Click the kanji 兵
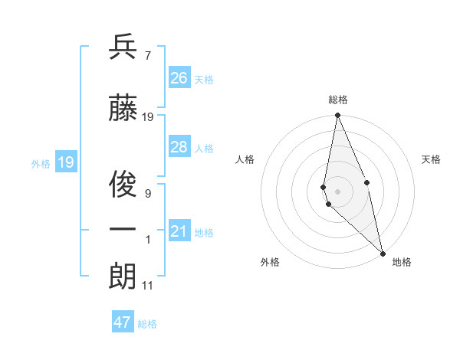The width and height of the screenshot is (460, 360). [x=123, y=48]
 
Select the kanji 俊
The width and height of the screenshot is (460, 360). [x=123, y=185]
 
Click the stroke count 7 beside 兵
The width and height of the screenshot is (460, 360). [x=148, y=55]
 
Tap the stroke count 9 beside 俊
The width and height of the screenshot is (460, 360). [x=148, y=194]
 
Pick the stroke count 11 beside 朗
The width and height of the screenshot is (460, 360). [x=149, y=286]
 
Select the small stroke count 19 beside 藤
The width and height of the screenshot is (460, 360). [x=149, y=117]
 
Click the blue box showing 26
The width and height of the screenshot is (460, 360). [x=179, y=78]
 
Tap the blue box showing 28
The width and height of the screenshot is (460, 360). [x=179, y=147]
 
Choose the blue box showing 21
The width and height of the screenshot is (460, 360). [x=179, y=231]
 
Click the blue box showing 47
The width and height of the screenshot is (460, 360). [x=123, y=322]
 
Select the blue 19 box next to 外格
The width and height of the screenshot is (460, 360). [x=66, y=162]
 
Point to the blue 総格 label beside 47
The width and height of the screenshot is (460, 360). [x=148, y=324]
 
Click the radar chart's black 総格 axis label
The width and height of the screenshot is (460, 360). [x=338, y=100]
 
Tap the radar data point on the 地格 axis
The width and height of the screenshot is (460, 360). [x=383, y=254]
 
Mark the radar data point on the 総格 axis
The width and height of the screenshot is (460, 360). [x=338, y=116]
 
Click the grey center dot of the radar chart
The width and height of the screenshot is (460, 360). [x=338, y=191]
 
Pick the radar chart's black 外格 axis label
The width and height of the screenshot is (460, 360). [x=270, y=262]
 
